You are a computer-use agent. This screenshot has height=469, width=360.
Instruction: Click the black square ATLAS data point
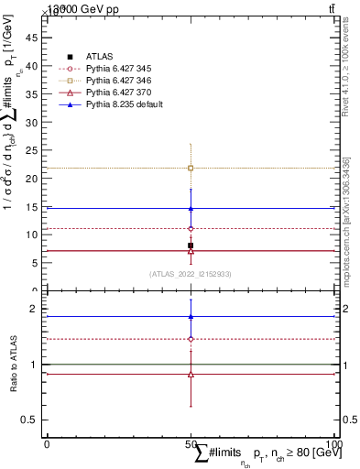tap(191, 245)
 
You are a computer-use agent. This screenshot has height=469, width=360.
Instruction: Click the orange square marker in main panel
tap(191, 168)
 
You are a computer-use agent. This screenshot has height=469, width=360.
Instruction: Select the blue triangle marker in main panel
tap(191, 208)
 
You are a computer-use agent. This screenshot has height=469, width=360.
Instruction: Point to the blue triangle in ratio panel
tap(191, 317)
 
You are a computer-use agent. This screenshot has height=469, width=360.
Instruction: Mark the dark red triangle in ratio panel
tap(191, 374)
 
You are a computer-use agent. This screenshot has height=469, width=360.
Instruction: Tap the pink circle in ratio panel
tap(191, 339)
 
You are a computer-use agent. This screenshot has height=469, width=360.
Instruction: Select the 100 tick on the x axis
tap(333, 443)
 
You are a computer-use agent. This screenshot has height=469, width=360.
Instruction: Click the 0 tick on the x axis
tap(47, 443)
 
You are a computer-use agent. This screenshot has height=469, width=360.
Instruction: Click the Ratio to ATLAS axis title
tap(14, 364)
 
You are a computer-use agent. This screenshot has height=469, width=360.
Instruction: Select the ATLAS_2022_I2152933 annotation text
tap(190, 274)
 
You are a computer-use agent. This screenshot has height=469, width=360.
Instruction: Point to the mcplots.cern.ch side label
tap(347, 229)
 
